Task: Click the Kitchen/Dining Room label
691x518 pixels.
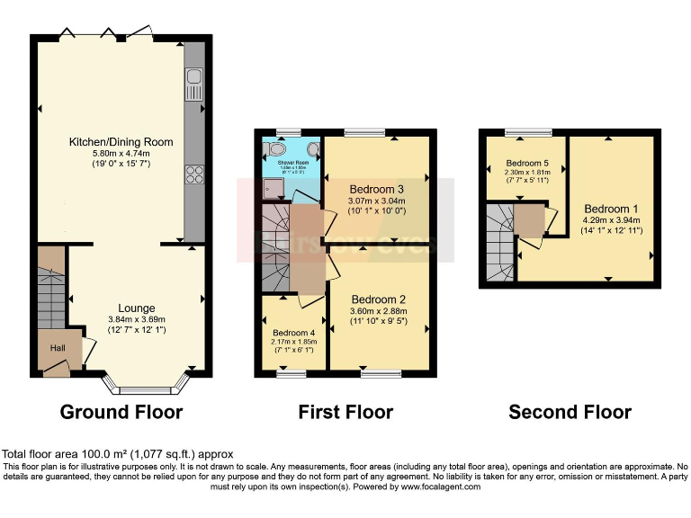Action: pos(121,142)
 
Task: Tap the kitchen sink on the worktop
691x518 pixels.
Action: pos(194,86)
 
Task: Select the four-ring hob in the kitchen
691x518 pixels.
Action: pos(194,175)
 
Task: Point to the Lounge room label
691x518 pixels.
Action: pos(136,308)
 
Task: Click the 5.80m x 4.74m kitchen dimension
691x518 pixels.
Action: pos(121,154)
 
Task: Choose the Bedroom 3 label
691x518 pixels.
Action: pos(376,189)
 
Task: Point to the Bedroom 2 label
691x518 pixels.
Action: pos(379,299)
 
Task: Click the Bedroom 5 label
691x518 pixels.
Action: pos(527,163)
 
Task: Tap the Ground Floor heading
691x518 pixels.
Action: pos(121,413)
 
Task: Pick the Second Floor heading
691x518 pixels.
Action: pos(570,413)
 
